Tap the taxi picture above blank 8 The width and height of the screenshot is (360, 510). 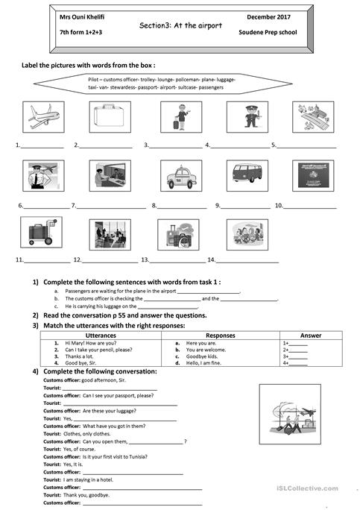[180, 176]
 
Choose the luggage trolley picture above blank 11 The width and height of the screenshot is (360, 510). [42, 234]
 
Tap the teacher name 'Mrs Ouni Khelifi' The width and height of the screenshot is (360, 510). [83, 16]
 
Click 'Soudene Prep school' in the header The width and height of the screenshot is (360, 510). [267, 34]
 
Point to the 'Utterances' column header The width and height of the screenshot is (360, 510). [101, 336]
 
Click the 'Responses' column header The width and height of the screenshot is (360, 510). [221, 336]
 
